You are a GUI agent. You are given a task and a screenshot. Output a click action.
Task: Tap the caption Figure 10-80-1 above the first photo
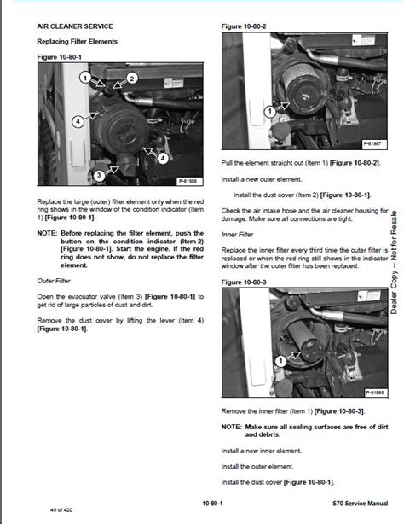point(58,56)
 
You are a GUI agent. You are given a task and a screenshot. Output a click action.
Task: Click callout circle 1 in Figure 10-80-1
point(84,78)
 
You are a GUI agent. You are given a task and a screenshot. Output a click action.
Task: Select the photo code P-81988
point(188,181)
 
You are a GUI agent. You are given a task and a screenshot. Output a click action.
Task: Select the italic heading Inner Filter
point(239,234)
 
